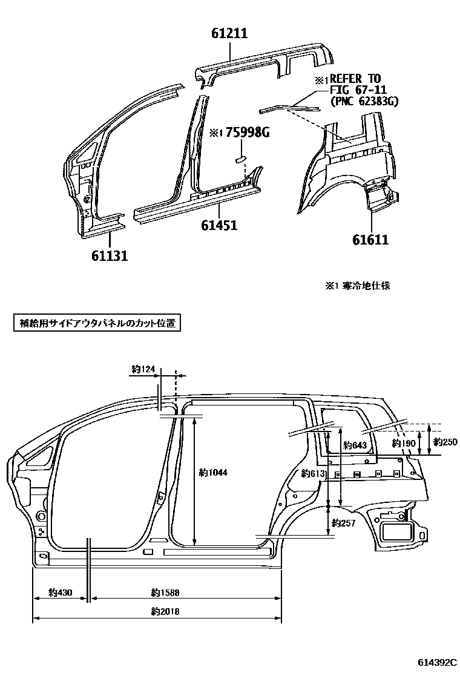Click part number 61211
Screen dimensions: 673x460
(229, 34)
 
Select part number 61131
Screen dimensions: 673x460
(110, 256)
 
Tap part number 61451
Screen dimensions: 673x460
(218, 226)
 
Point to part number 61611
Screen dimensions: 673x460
(370, 240)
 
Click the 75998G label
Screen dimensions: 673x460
(247, 133)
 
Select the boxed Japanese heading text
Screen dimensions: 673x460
(97, 323)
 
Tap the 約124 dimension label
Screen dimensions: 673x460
(143, 369)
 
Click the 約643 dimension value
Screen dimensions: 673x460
(355, 446)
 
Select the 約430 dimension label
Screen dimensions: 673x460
(61, 593)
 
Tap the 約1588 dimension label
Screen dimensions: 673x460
(165, 593)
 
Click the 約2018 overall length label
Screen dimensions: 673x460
(165, 611)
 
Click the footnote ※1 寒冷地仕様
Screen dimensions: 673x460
(357, 286)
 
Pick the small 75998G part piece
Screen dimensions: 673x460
(239, 159)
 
